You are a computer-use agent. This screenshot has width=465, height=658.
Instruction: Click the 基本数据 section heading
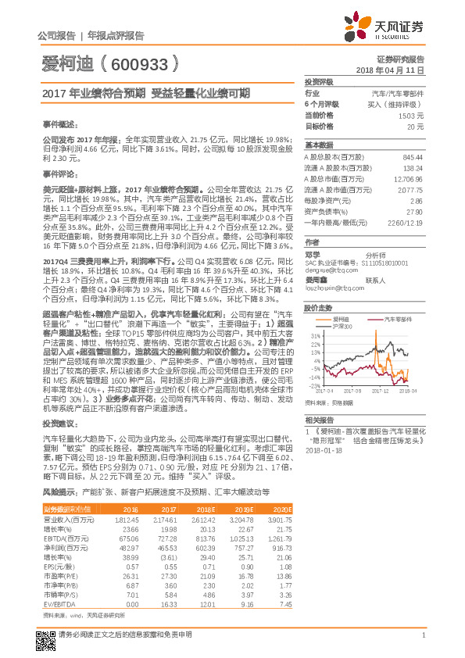pyautogui.click(x=318, y=145)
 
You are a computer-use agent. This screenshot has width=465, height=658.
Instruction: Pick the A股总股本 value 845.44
pyautogui.click(x=413, y=157)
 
